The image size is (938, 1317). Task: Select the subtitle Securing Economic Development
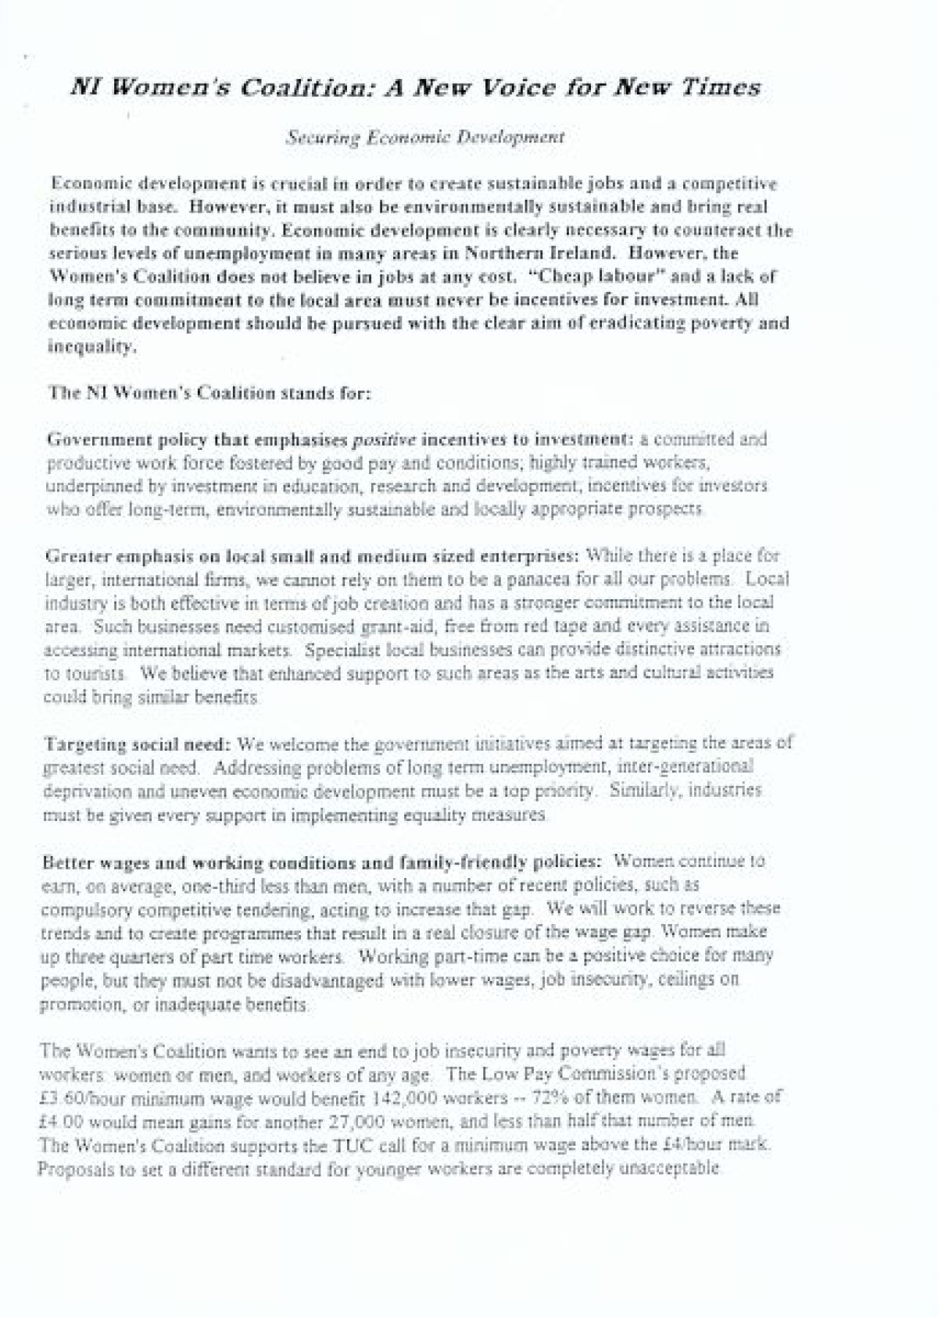(x=425, y=138)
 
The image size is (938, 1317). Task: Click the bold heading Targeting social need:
(x=138, y=743)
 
